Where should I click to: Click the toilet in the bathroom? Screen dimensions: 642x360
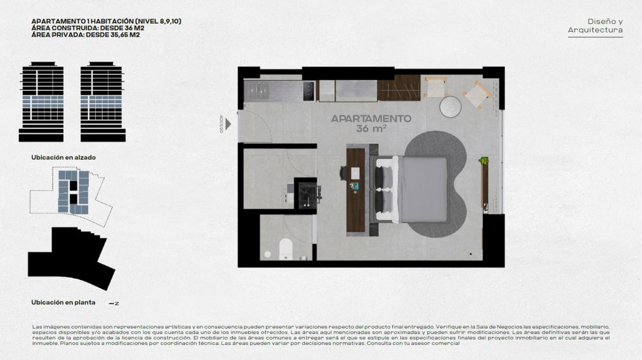[286, 248]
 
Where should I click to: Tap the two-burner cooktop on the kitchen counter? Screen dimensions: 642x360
[309, 91]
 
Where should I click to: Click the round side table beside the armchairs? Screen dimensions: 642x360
[450, 106]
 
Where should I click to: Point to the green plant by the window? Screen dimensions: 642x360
[484, 160]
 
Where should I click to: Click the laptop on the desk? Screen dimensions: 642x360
[355, 173]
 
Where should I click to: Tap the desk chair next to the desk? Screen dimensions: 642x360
[343, 173]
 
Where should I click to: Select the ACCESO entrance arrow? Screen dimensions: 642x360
[228, 124]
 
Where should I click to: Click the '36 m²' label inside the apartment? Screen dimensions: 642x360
[371, 129]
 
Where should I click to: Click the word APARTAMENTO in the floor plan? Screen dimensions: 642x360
[371, 119]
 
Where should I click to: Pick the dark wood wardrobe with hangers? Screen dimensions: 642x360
[399, 88]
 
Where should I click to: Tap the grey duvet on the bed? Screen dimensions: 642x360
[424, 189]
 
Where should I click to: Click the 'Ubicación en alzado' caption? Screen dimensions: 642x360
[63, 157]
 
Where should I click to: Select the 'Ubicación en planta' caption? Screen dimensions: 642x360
[63, 302]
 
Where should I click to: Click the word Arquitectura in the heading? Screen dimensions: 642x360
[595, 30]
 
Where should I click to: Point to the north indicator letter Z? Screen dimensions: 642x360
[117, 303]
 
